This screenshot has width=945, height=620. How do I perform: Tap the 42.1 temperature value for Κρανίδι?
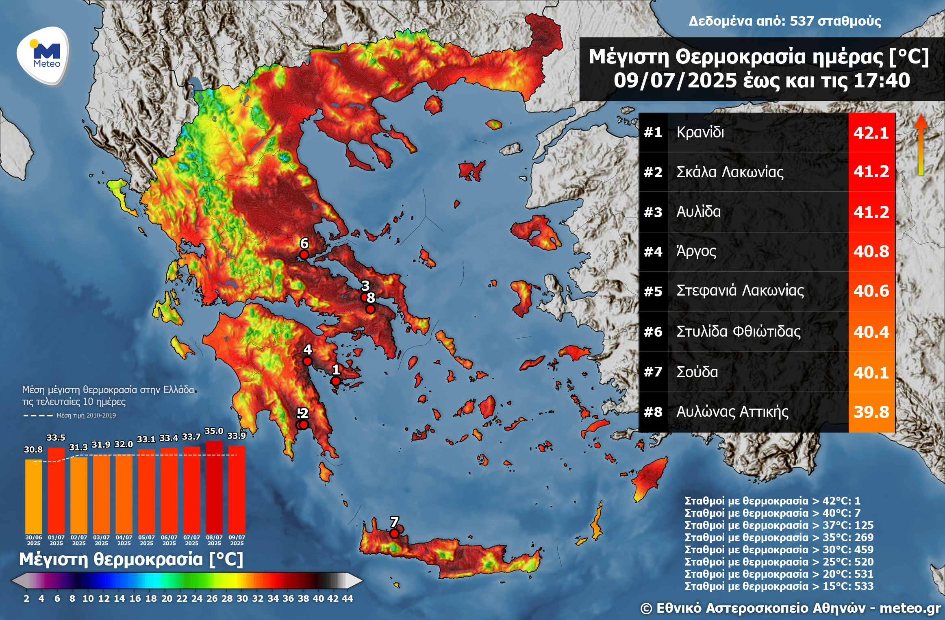[871, 133]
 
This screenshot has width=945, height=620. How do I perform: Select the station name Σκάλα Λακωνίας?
[730, 172]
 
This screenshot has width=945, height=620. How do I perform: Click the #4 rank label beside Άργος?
[653, 252]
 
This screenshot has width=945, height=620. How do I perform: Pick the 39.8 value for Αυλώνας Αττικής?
[871, 412]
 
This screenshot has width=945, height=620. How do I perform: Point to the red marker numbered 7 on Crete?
[394, 533]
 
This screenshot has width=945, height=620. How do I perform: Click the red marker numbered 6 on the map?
[304, 255]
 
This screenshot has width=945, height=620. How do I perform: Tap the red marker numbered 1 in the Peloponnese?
[336, 381]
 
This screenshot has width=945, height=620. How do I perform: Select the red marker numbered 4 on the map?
[307, 361]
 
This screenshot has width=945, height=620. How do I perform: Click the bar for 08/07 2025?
[214, 488]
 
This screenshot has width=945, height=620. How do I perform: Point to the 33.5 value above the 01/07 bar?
[56, 438]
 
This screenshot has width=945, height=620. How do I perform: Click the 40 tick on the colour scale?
[318, 598]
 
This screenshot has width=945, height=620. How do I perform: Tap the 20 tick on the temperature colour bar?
[167, 598]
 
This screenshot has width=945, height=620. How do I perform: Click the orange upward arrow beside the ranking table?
[921, 144]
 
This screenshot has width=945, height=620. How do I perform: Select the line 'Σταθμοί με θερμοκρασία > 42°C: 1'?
[772, 501]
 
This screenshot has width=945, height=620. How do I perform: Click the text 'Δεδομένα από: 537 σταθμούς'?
[784, 21]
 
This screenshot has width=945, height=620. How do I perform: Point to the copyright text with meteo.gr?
[790, 608]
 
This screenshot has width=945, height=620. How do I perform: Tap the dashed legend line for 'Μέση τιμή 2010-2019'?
[38, 416]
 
